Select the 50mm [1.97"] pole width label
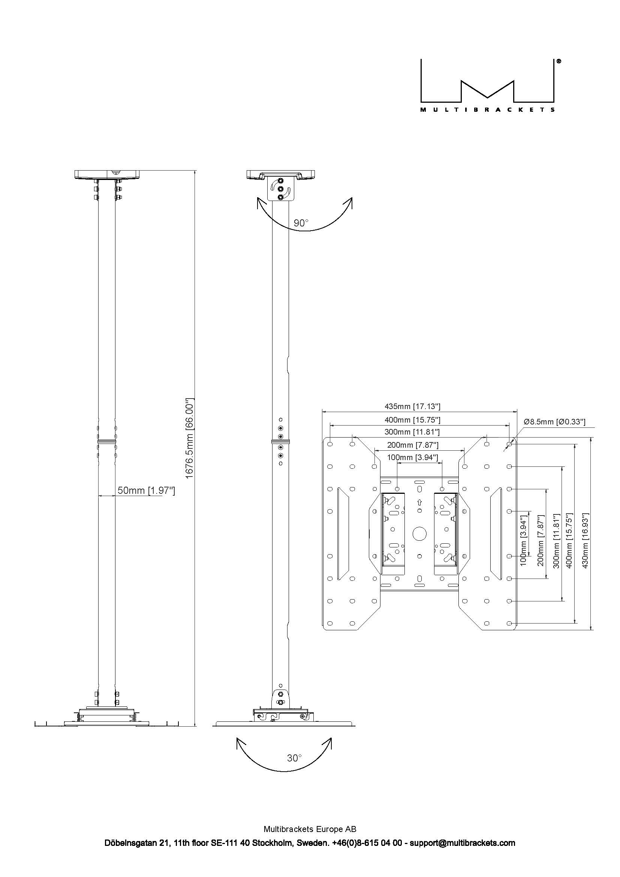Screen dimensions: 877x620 coord(146,490)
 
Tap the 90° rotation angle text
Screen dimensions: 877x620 coord(301,223)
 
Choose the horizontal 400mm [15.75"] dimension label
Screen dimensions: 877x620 coord(412,420)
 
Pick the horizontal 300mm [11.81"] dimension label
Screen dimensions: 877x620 coord(412,432)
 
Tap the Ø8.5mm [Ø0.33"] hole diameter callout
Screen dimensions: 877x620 coord(554,422)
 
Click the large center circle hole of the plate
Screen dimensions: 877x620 coord(419,534)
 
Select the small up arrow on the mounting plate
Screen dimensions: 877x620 coord(419,503)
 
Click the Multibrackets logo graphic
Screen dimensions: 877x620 coord(488,81)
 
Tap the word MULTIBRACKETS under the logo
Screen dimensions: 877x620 coord(488,110)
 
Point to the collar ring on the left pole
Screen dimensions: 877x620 coord(107,442)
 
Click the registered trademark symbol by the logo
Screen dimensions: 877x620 coord(559,61)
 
